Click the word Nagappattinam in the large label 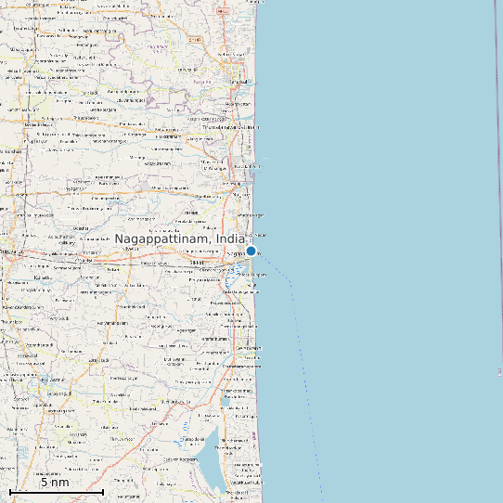coord(161,239)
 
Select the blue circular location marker coord(251,251)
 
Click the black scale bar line coord(56,492)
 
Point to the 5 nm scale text coord(55,483)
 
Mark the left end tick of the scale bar coord(10,492)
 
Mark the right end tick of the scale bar coord(102,492)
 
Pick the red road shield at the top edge coord(194,41)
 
